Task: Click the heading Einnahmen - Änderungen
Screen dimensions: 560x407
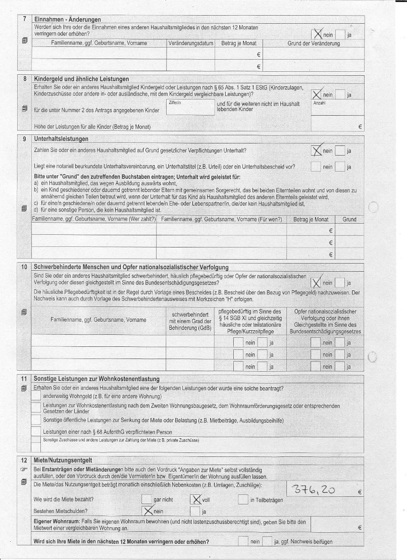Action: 67,19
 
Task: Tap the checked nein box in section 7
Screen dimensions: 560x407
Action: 318,35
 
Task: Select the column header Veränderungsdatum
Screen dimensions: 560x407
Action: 190,43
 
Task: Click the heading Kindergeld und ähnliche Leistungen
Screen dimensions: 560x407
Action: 81,79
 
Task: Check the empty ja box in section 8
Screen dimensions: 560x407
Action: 340,95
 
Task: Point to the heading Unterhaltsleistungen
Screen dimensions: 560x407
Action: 61,139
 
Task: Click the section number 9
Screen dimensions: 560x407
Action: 25,139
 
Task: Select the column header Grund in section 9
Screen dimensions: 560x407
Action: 349,219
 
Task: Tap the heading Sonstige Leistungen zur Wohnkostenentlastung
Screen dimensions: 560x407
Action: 96,379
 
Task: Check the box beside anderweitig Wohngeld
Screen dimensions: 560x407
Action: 36,396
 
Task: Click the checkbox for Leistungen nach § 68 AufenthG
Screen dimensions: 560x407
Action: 36,432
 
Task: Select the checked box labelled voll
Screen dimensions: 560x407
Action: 195,499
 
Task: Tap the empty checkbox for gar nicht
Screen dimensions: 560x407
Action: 147,500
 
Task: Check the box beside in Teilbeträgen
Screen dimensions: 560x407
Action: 243,500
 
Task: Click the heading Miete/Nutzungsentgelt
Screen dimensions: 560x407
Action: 63,460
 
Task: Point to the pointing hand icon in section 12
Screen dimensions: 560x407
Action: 24,469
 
